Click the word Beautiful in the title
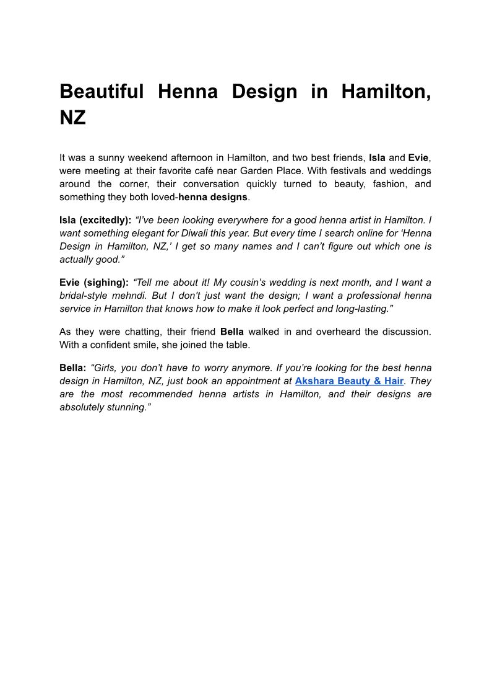(x=101, y=92)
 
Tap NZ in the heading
(x=72, y=118)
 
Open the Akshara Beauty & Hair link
(x=349, y=381)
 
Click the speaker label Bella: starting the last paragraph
(x=73, y=368)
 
